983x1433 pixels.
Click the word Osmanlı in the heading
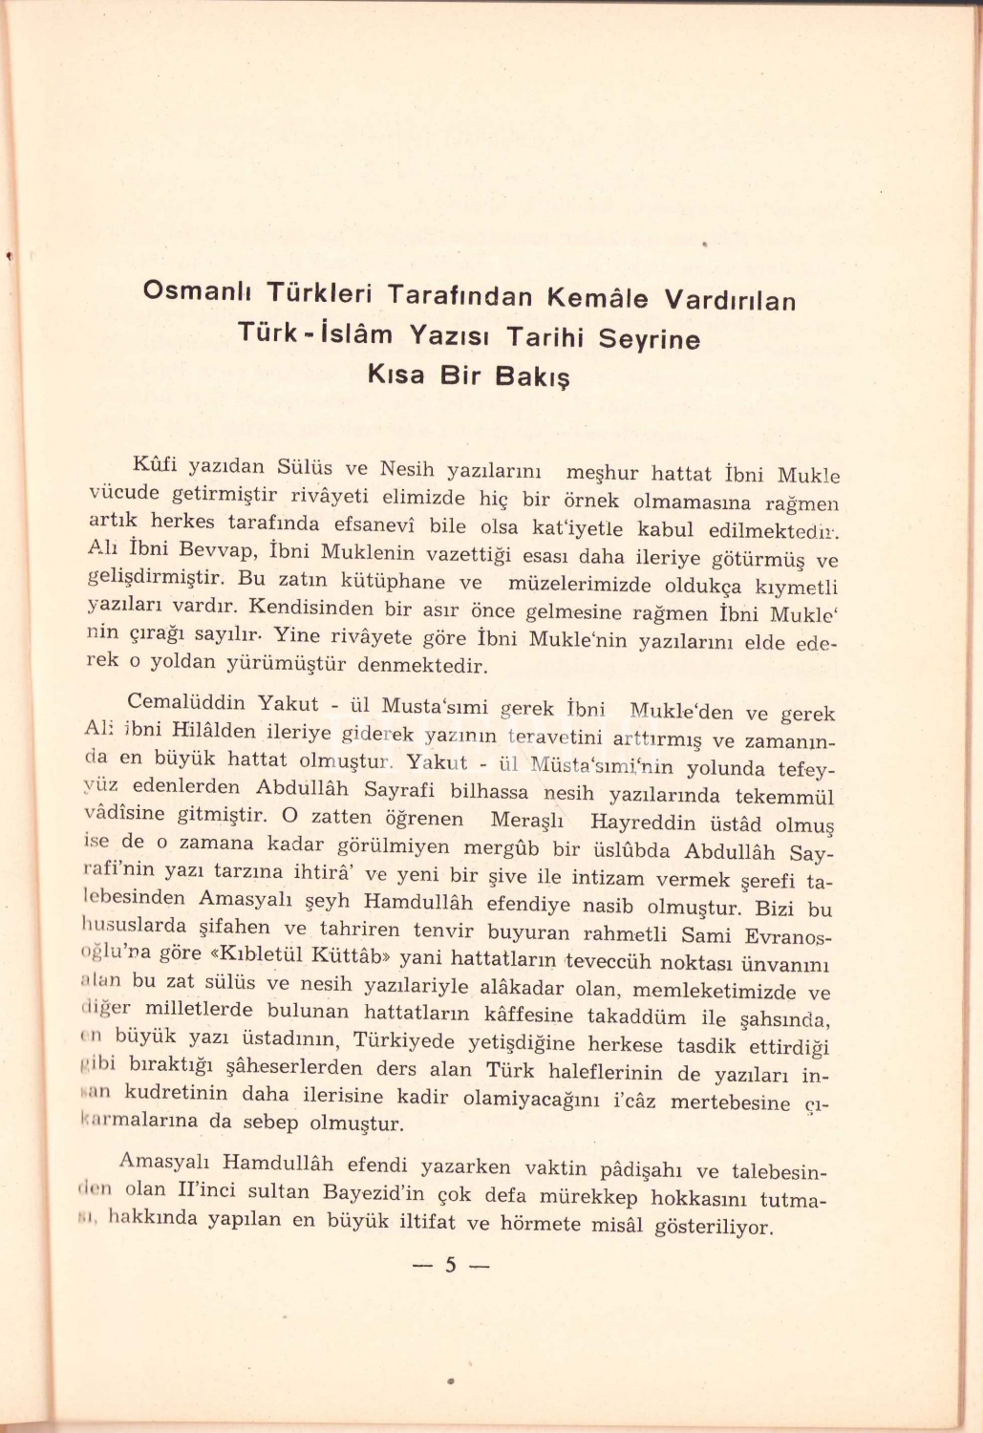pyautogui.click(x=198, y=290)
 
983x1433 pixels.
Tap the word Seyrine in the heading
pyautogui.click(x=649, y=338)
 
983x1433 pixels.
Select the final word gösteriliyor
pyautogui.click(x=713, y=1226)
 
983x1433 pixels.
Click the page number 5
pyautogui.click(x=450, y=1266)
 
